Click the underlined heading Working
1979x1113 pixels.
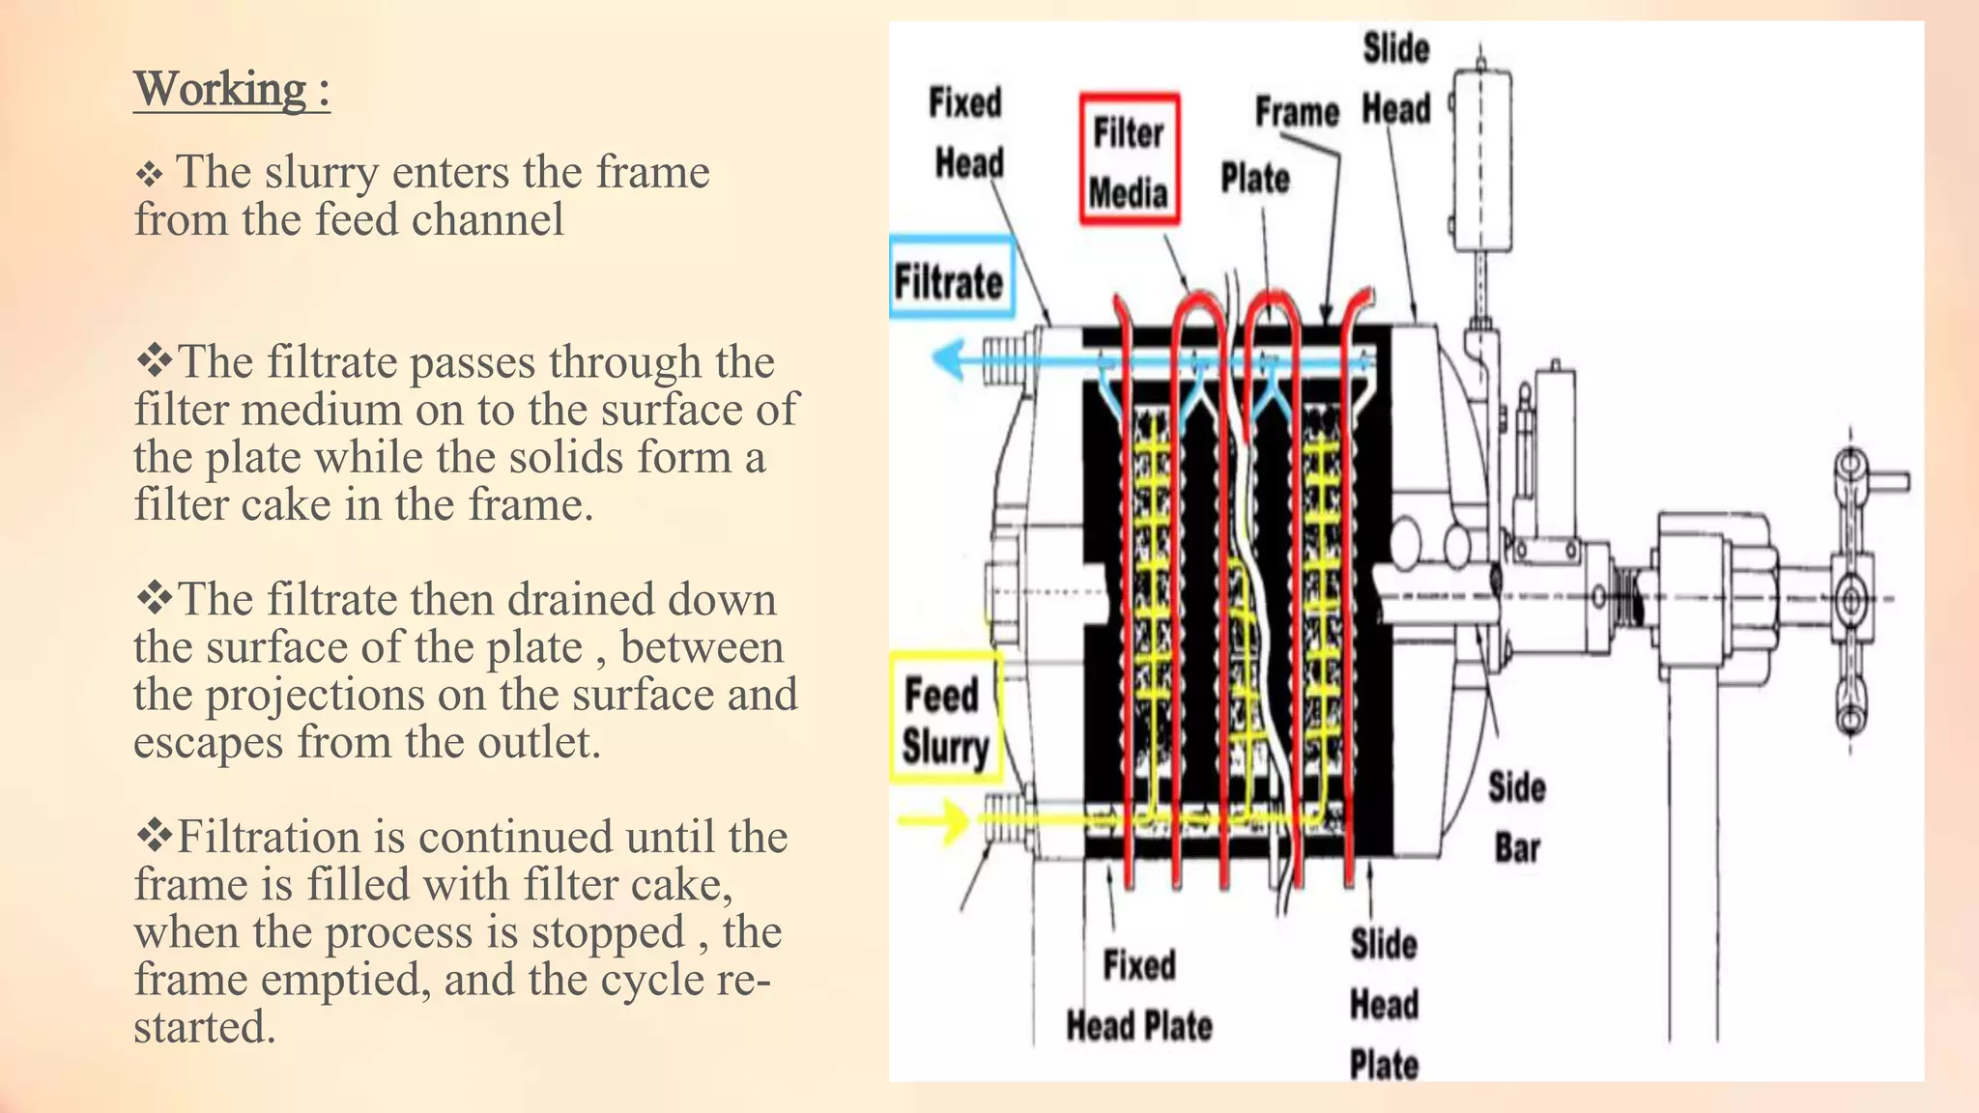[231, 90]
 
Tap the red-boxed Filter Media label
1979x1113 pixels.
[1129, 160]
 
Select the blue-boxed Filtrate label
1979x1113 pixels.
[951, 280]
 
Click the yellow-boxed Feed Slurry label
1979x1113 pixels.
[945, 720]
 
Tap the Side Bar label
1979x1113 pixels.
[1515, 817]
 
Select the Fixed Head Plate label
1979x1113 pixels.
[1138, 995]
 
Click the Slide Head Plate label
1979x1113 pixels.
[1384, 1005]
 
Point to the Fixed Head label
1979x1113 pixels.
[966, 132]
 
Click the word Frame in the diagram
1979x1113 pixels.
[1297, 112]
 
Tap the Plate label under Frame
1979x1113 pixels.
[1254, 179]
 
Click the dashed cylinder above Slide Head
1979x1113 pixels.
[1481, 159]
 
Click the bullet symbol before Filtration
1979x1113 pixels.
[154, 836]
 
